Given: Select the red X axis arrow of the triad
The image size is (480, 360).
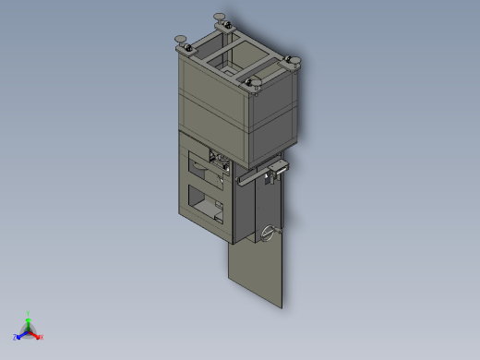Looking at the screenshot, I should coord(40,337).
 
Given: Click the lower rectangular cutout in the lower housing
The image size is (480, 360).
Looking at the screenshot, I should coord(205,201).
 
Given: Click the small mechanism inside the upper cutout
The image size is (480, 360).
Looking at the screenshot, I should coord(219,162).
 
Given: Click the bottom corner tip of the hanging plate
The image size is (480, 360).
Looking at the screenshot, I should coord(282,306).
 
